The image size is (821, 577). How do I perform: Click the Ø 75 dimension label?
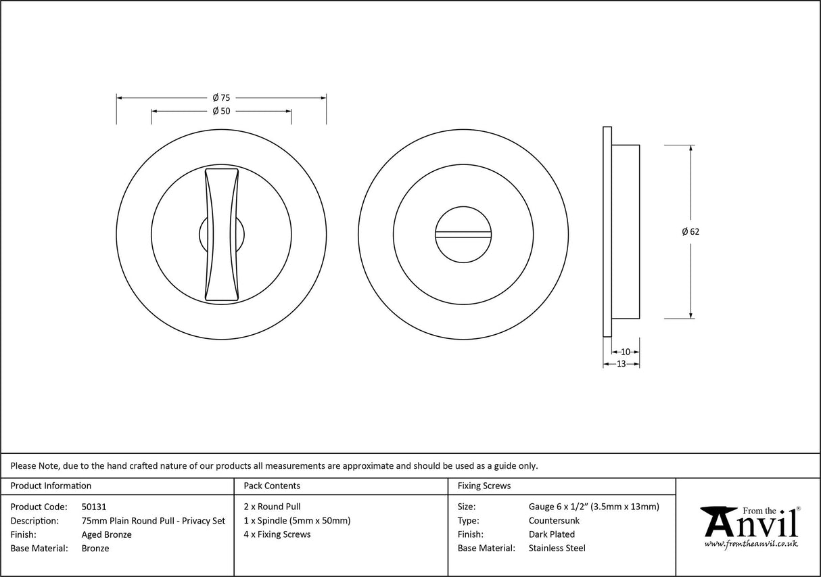(221, 98)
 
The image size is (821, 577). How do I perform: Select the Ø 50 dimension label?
(221, 112)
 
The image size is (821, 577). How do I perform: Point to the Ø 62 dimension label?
(690, 231)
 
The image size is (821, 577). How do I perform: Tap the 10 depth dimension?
(625, 352)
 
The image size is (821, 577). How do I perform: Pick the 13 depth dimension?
(621, 364)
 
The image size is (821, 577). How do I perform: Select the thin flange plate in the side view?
(607, 231)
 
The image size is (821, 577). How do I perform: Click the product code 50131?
(93, 507)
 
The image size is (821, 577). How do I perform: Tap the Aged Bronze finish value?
(106, 534)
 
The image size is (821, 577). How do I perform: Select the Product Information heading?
(51, 486)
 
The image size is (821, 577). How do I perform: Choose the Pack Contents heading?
(271, 486)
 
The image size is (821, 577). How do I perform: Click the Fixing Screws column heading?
(484, 486)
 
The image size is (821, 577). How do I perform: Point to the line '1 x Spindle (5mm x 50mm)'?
(296, 521)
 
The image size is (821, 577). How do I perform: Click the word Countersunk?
(554, 521)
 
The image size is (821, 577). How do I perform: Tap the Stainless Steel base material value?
(557, 549)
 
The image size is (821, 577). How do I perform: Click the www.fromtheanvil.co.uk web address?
(751, 544)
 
